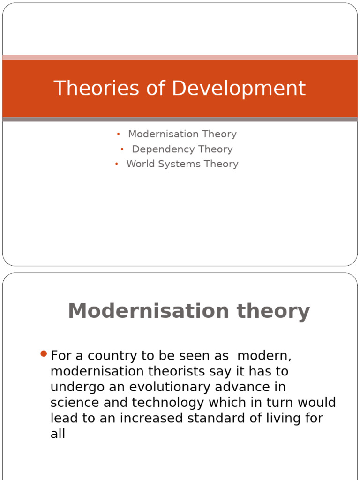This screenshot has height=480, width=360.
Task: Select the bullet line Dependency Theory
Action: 182,149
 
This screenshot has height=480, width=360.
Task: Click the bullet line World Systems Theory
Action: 182,164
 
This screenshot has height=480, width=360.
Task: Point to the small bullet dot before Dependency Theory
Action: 122,150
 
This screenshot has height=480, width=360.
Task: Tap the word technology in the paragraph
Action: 168,403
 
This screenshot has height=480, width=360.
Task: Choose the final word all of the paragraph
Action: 58,434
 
